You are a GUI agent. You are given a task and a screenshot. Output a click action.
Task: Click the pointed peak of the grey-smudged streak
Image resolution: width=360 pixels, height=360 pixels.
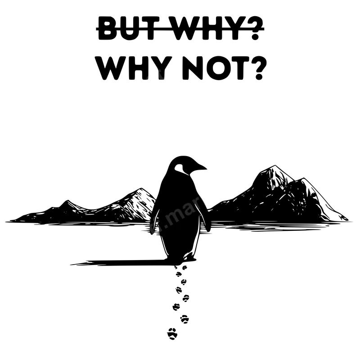[x=156, y=68]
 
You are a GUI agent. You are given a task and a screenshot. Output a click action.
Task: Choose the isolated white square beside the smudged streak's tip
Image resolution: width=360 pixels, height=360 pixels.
[x=167, y=78]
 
